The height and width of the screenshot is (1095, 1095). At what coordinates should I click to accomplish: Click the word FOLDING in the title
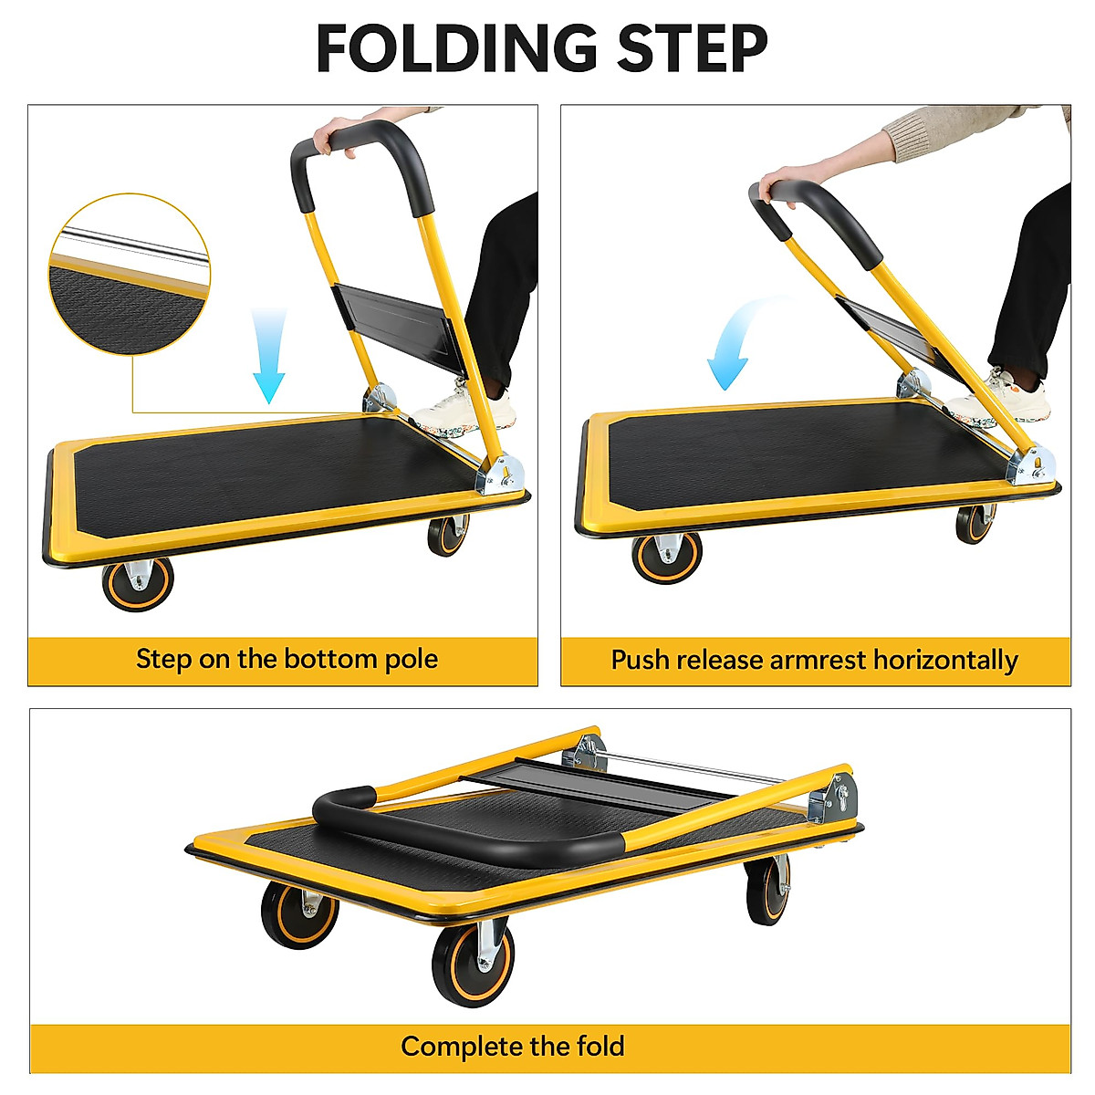click(x=457, y=49)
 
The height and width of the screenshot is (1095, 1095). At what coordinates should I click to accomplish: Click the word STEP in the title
click(x=692, y=49)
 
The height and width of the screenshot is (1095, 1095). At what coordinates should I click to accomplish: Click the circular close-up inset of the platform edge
click(x=129, y=274)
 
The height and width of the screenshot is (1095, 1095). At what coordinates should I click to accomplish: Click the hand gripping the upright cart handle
click(x=332, y=137)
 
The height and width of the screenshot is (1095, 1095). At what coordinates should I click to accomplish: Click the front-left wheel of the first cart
click(x=138, y=581)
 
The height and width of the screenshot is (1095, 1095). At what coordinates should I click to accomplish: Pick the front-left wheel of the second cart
click(x=666, y=557)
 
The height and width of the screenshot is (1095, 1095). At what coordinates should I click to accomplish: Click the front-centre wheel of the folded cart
click(x=474, y=963)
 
